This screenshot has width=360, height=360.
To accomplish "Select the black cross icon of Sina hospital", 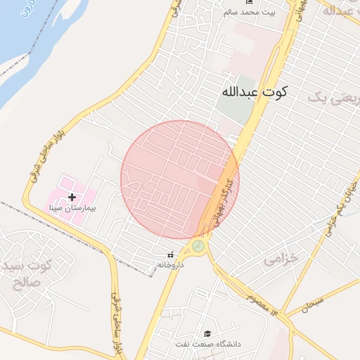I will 72,198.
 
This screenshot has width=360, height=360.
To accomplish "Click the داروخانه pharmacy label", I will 170,264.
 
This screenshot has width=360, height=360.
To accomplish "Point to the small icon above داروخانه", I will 170,255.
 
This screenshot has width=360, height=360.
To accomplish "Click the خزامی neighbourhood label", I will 281,259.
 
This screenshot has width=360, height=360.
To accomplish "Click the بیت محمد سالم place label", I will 250,13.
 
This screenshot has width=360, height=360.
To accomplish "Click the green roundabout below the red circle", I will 198,245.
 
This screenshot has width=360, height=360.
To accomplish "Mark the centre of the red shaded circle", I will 179,180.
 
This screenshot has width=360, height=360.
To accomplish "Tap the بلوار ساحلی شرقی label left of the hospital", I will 44,155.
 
